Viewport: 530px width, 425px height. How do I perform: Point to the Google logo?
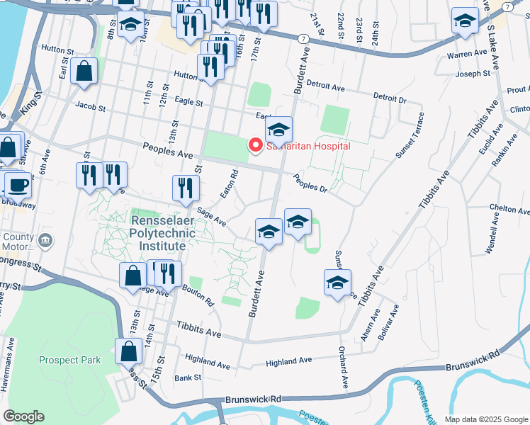[23, 416]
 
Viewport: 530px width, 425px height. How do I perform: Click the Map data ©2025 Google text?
[485, 419]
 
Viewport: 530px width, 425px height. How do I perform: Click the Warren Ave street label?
[467, 54]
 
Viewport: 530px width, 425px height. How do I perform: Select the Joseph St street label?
[473, 74]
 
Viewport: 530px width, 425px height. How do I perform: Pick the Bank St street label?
[188, 378]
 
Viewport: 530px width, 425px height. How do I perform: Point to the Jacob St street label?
[91, 109]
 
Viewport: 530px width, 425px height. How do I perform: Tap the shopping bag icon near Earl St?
[84, 72]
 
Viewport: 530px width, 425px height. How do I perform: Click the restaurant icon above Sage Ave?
[184, 188]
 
